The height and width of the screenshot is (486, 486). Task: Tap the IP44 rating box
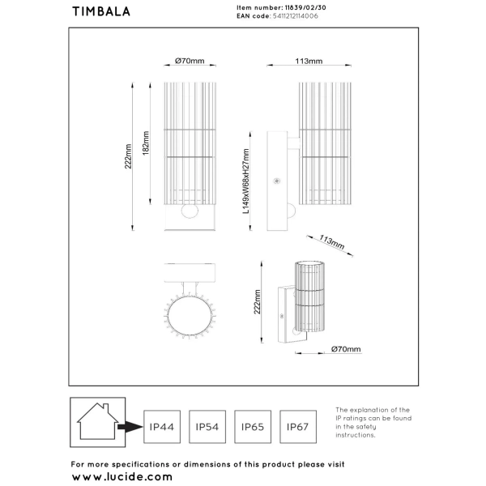(161, 424)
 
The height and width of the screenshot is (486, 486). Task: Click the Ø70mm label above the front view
(189, 62)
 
